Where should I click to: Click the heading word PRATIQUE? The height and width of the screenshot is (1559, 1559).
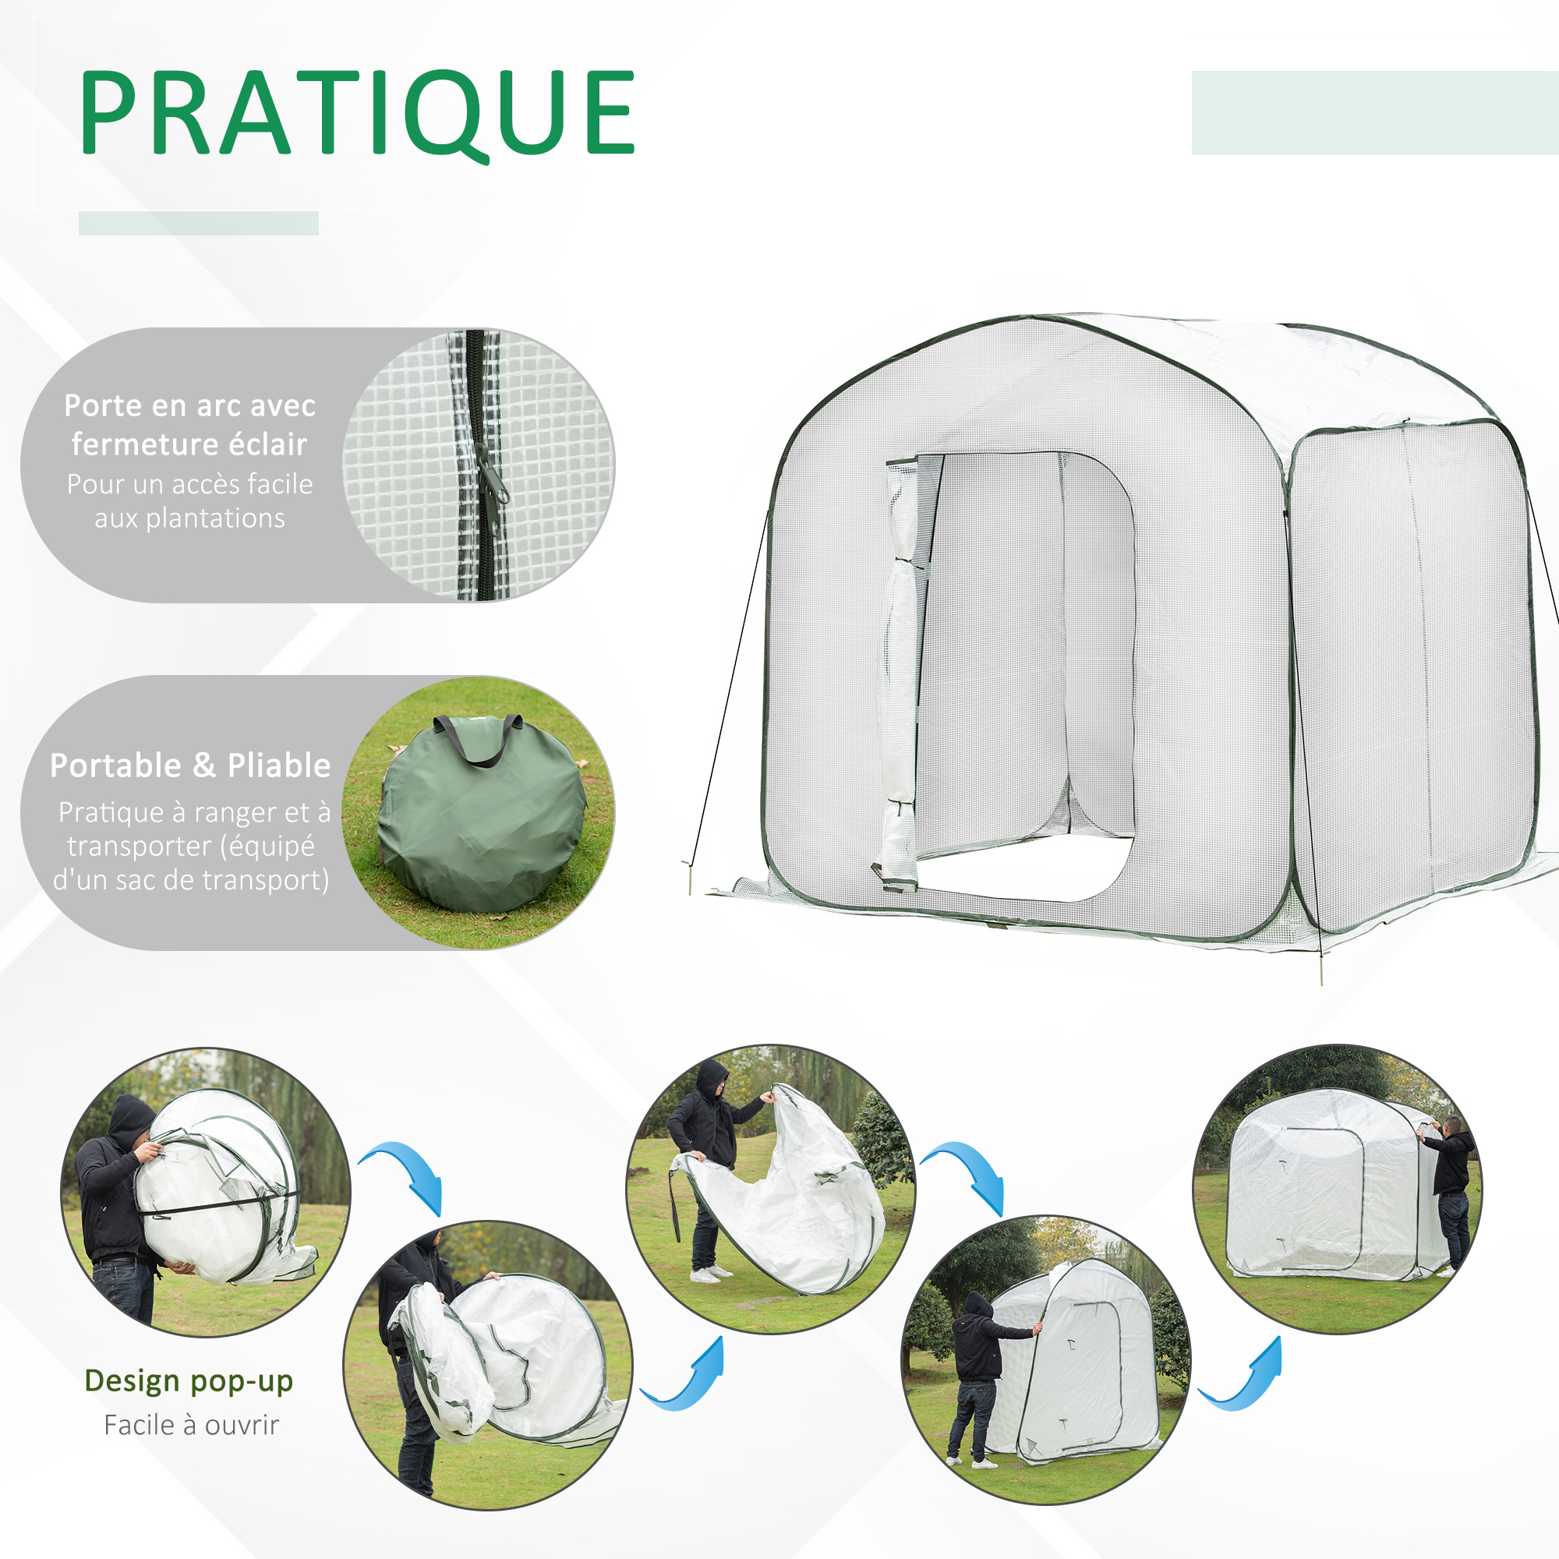(358, 113)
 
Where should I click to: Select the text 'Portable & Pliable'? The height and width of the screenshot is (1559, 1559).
(190, 765)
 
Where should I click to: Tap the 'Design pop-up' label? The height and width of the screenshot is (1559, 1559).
(189, 1380)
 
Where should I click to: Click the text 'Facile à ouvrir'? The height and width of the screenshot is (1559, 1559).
(191, 1425)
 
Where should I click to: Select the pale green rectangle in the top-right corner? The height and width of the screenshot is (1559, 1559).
(1374, 113)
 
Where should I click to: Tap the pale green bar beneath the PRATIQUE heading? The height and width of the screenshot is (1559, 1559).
(199, 224)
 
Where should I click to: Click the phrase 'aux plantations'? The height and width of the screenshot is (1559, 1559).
(189, 518)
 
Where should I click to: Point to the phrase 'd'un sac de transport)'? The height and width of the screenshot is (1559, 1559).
(191, 879)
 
